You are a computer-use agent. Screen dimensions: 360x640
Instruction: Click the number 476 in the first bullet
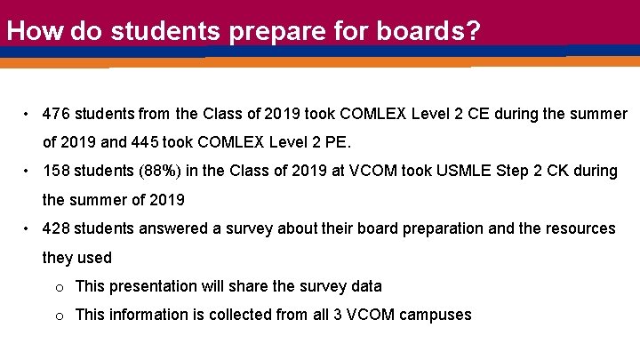point(55,115)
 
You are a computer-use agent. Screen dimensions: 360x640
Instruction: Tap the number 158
point(55,171)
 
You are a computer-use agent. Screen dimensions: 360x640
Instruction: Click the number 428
point(55,229)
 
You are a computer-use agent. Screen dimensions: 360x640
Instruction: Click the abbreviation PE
point(338,142)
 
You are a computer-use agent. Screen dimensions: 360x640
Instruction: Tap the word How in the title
point(36,32)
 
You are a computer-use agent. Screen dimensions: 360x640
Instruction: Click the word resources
point(580,229)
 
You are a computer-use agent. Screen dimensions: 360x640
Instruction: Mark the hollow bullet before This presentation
point(59,287)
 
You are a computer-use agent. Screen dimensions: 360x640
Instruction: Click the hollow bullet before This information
point(59,316)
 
